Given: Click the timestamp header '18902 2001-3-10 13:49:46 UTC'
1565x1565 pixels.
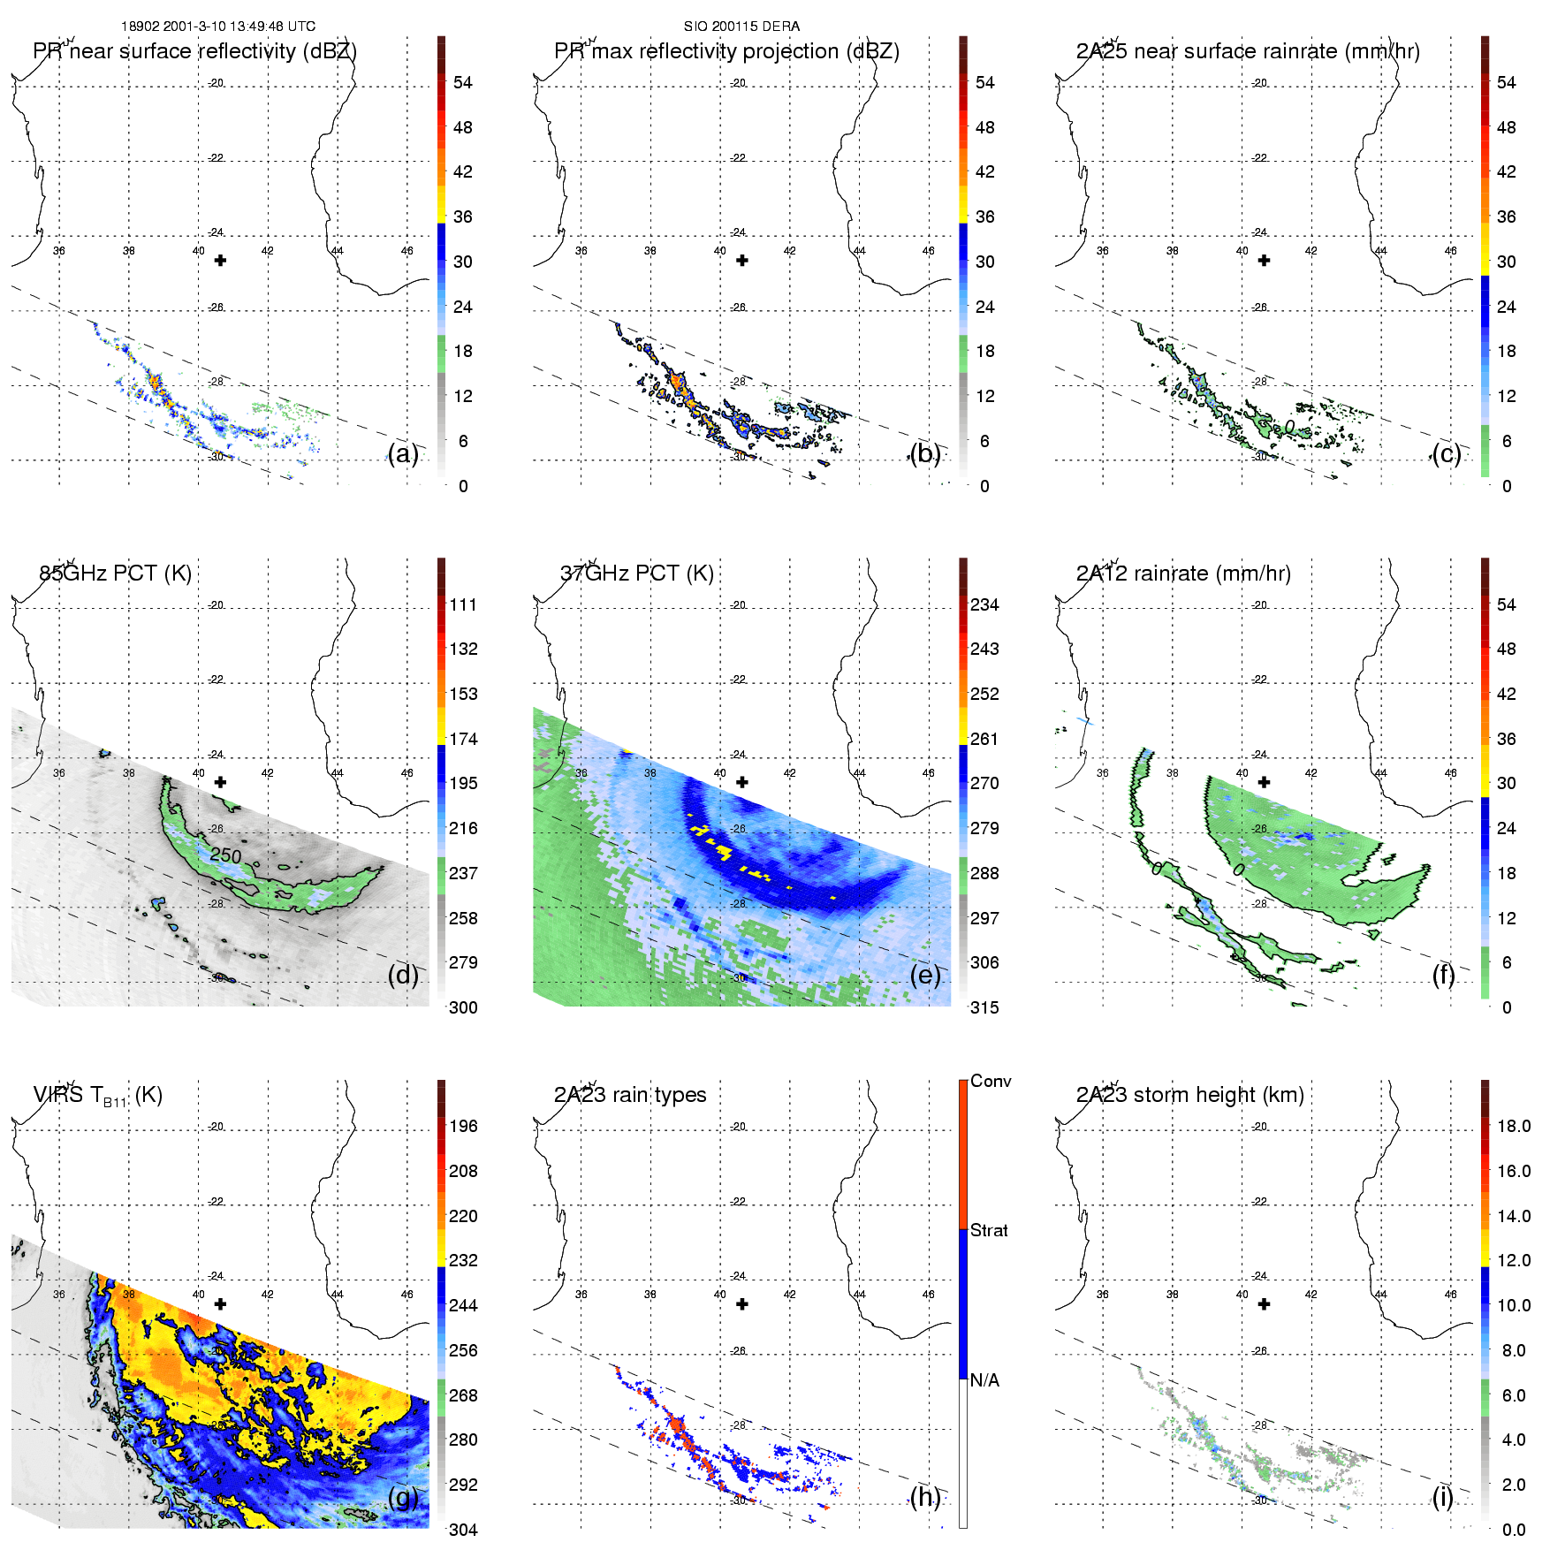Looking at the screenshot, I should pos(218,27).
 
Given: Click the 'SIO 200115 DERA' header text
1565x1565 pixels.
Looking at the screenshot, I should pos(741,27).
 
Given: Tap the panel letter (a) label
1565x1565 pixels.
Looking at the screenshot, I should pos(403,454).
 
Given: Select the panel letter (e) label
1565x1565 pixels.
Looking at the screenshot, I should pos(925,976).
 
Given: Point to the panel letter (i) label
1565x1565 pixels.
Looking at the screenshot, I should pos(1442,1497).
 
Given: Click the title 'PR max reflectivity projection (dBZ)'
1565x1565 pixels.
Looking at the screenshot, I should pos(726,51).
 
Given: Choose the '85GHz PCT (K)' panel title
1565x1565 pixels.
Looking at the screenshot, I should pos(116,574).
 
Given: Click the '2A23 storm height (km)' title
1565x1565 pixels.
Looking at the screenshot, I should pos(1190,1095).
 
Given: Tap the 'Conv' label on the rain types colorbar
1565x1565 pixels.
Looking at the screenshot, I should pos(991,1082).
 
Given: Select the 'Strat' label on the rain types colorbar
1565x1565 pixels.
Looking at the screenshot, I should pos(989,1230).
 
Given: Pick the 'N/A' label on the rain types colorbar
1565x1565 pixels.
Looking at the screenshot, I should pos(984,1380).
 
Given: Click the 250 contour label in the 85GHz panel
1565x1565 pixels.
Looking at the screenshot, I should pos(225,855).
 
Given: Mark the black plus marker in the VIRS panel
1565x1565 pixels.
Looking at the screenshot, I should pos(221,1304).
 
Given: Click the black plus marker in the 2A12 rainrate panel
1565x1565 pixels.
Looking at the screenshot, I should pos(1265,782).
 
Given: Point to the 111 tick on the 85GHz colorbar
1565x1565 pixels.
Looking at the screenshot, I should pos(463,605).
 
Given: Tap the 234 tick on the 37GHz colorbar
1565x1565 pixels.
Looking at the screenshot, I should pos(984,605).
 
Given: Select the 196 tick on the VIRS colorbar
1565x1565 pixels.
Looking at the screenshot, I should pos(463,1127).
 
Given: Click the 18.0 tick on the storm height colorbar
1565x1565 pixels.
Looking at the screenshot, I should pos(1514,1127).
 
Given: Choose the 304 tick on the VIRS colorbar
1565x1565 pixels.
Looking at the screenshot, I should pos(463,1530).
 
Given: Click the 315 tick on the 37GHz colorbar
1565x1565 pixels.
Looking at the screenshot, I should pos(984,1008).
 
